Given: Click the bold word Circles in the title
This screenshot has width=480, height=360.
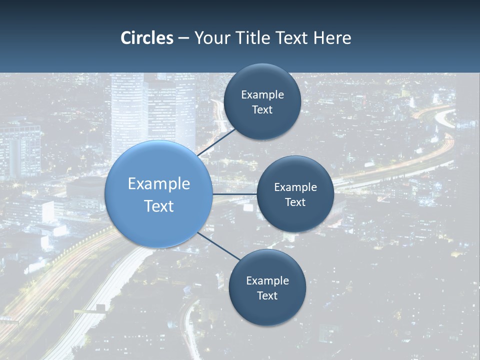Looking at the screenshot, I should (x=147, y=38).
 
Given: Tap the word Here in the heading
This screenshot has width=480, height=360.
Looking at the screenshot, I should (x=332, y=38).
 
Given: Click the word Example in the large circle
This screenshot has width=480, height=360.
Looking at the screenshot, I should (x=159, y=184).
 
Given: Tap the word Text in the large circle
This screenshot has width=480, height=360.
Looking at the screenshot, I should (x=159, y=206).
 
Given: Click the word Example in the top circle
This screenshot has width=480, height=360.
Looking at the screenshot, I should (x=262, y=95).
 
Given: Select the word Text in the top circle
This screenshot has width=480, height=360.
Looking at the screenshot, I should (x=262, y=110).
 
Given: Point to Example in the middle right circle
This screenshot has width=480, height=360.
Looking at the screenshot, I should (x=295, y=187).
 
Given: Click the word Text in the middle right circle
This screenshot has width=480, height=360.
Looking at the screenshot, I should (x=295, y=202).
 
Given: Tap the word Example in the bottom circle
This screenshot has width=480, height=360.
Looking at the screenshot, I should (x=267, y=281).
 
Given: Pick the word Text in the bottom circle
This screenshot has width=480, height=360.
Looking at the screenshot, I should (x=267, y=296).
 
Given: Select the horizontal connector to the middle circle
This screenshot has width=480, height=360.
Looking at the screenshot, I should (x=235, y=194).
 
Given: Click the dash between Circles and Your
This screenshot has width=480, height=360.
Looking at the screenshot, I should (x=183, y=38).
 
